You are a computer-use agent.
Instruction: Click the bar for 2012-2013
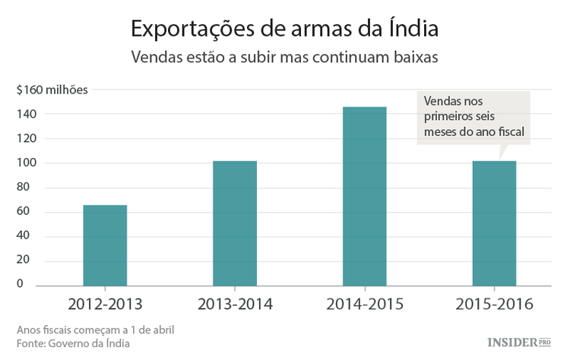(x=105, y=245)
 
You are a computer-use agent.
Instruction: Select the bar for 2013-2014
(x=235, y=223)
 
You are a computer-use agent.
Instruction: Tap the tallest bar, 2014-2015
(x=364, y=197)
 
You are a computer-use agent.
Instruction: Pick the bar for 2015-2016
(x=494, y=223)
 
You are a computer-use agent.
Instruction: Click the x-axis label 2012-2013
(x=105, y=305)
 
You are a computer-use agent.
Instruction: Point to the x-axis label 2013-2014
(x=235, y=305)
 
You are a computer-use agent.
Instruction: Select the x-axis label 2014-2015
(x=364, y=305)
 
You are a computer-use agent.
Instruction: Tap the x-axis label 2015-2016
(x=494, y=305)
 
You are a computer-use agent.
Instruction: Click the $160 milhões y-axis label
(x=52, y=90)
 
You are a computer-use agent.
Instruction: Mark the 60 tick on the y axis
(x=28, y=211)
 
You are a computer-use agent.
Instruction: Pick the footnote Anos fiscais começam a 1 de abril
(x=94, y=330)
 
